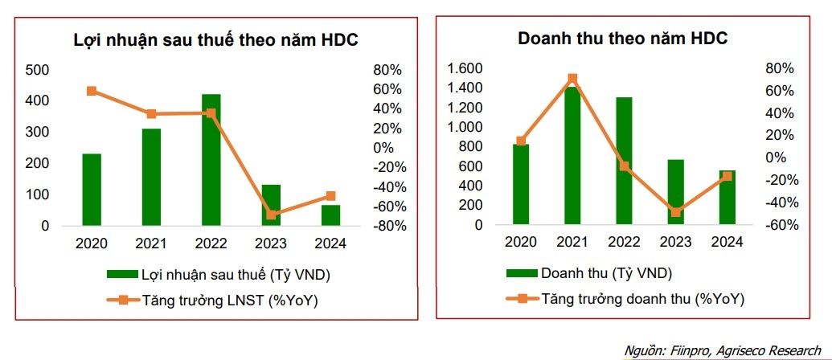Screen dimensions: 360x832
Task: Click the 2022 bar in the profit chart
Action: (211, 161)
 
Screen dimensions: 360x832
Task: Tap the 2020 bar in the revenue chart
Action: (521, 185)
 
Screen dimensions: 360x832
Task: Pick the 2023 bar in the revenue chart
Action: (675, 193)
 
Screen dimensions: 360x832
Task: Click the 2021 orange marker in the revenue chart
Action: (572, 79)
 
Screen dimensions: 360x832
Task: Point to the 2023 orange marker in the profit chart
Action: (271, 215)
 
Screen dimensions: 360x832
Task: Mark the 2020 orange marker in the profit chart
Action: (92, 91)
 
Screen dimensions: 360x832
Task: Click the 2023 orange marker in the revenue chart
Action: (675, 212)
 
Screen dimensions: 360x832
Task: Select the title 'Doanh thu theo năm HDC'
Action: (623, 39)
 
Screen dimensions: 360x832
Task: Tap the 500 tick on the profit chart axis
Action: (38, 70)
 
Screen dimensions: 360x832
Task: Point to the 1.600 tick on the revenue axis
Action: (465, 68)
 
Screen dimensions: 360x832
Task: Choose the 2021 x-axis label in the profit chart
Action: (150, 242)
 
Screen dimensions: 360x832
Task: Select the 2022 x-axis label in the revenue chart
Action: (624, 242)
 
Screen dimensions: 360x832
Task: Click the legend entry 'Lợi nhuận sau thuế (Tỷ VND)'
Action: (231, 275)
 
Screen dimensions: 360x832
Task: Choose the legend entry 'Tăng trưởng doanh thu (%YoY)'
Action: (642, 298)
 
